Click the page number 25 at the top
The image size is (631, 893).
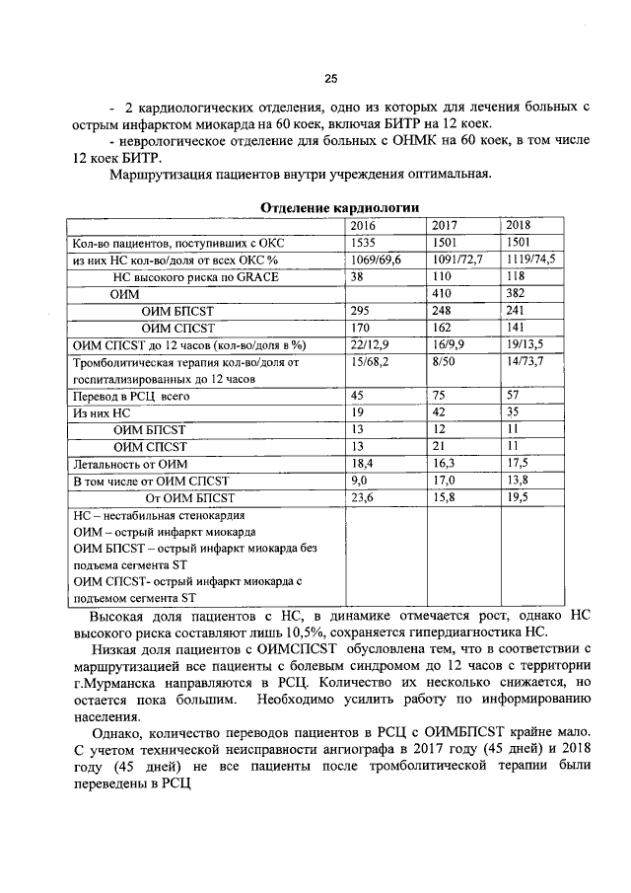pos(331,80)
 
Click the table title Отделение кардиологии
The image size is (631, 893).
pos(339,208)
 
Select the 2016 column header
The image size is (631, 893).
pos(368,225)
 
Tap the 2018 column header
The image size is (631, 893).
pos(518,225)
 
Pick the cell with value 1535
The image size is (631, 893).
pos(366,243)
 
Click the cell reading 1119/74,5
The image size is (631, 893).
pos(529,260)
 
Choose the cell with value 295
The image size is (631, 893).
pos(362,311)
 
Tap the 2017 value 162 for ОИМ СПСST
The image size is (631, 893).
pos(443,328)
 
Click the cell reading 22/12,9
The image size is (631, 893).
pos(371,344)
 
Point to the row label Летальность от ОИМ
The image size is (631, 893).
pos(130,463)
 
